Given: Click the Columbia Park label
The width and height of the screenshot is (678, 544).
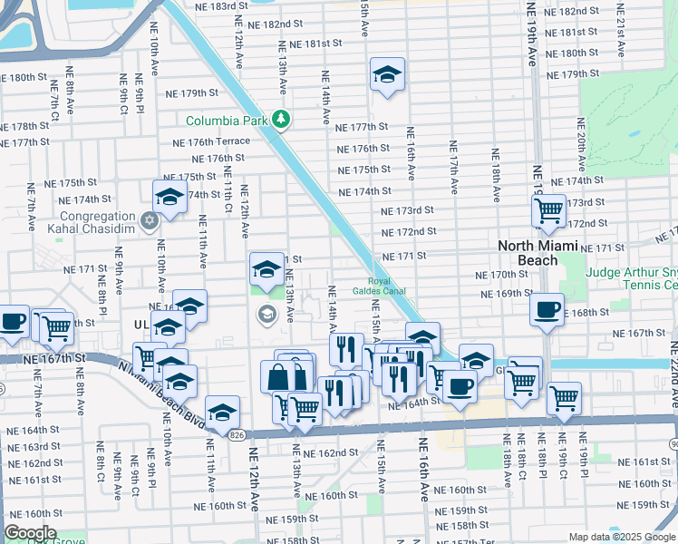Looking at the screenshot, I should pyautogui.click(x=227, y=121).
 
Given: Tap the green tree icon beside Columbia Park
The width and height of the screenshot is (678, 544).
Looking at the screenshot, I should pyautogui.click(x=282, y=120).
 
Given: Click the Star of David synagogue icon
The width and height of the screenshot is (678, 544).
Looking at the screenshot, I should pyautogui.click(x=149, y=219).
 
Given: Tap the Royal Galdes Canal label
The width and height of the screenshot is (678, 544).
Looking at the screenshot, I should pyautogui.click(x=385, y=285).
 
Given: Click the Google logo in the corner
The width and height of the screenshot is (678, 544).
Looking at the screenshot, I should pyautogui.click(x=31, y=533).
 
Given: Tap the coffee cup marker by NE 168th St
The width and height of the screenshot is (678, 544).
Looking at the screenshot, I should pyautogui.click(x=547, y=309).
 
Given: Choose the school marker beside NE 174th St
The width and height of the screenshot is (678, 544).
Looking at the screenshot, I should pyautogui.click(x=169, y=196).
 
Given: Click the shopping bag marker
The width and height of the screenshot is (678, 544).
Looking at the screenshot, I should pyautogui.click(x=277, y=375).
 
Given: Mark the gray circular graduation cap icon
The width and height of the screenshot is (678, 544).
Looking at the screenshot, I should pyautogui.click(x=266, y=315).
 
